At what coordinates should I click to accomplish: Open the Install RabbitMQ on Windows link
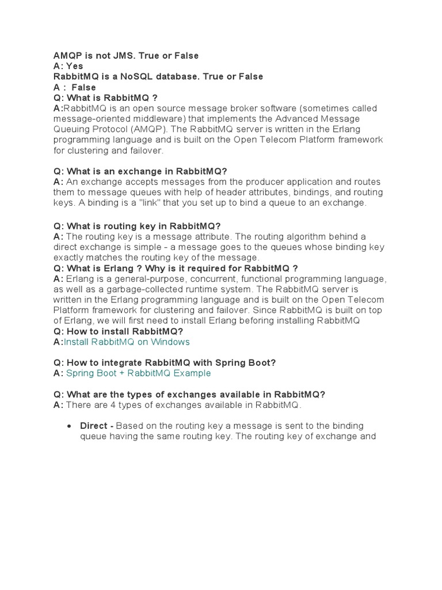click(127, 342)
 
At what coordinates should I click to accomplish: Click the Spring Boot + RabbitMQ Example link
click(139, 373)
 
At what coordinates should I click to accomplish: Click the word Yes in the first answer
click(75, 66)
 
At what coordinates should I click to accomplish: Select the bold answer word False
click(84, 88)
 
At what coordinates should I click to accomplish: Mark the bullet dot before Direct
click(69, 426)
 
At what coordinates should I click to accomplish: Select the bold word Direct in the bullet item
click(94, 426)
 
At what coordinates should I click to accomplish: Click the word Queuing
click(72, 130)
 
